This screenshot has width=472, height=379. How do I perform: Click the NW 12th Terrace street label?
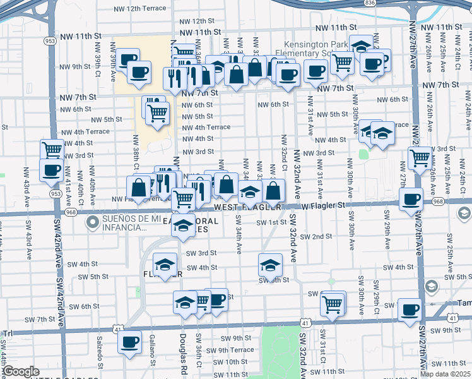(140, 9)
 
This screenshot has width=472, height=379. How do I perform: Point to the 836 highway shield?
(370, 3)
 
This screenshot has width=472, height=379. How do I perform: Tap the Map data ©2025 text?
(445, 374)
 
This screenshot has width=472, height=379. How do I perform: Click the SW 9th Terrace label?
(230, 350)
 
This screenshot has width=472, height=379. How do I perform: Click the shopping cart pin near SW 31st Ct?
(333, 304)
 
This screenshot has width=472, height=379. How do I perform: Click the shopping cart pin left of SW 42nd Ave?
(52, 150)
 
